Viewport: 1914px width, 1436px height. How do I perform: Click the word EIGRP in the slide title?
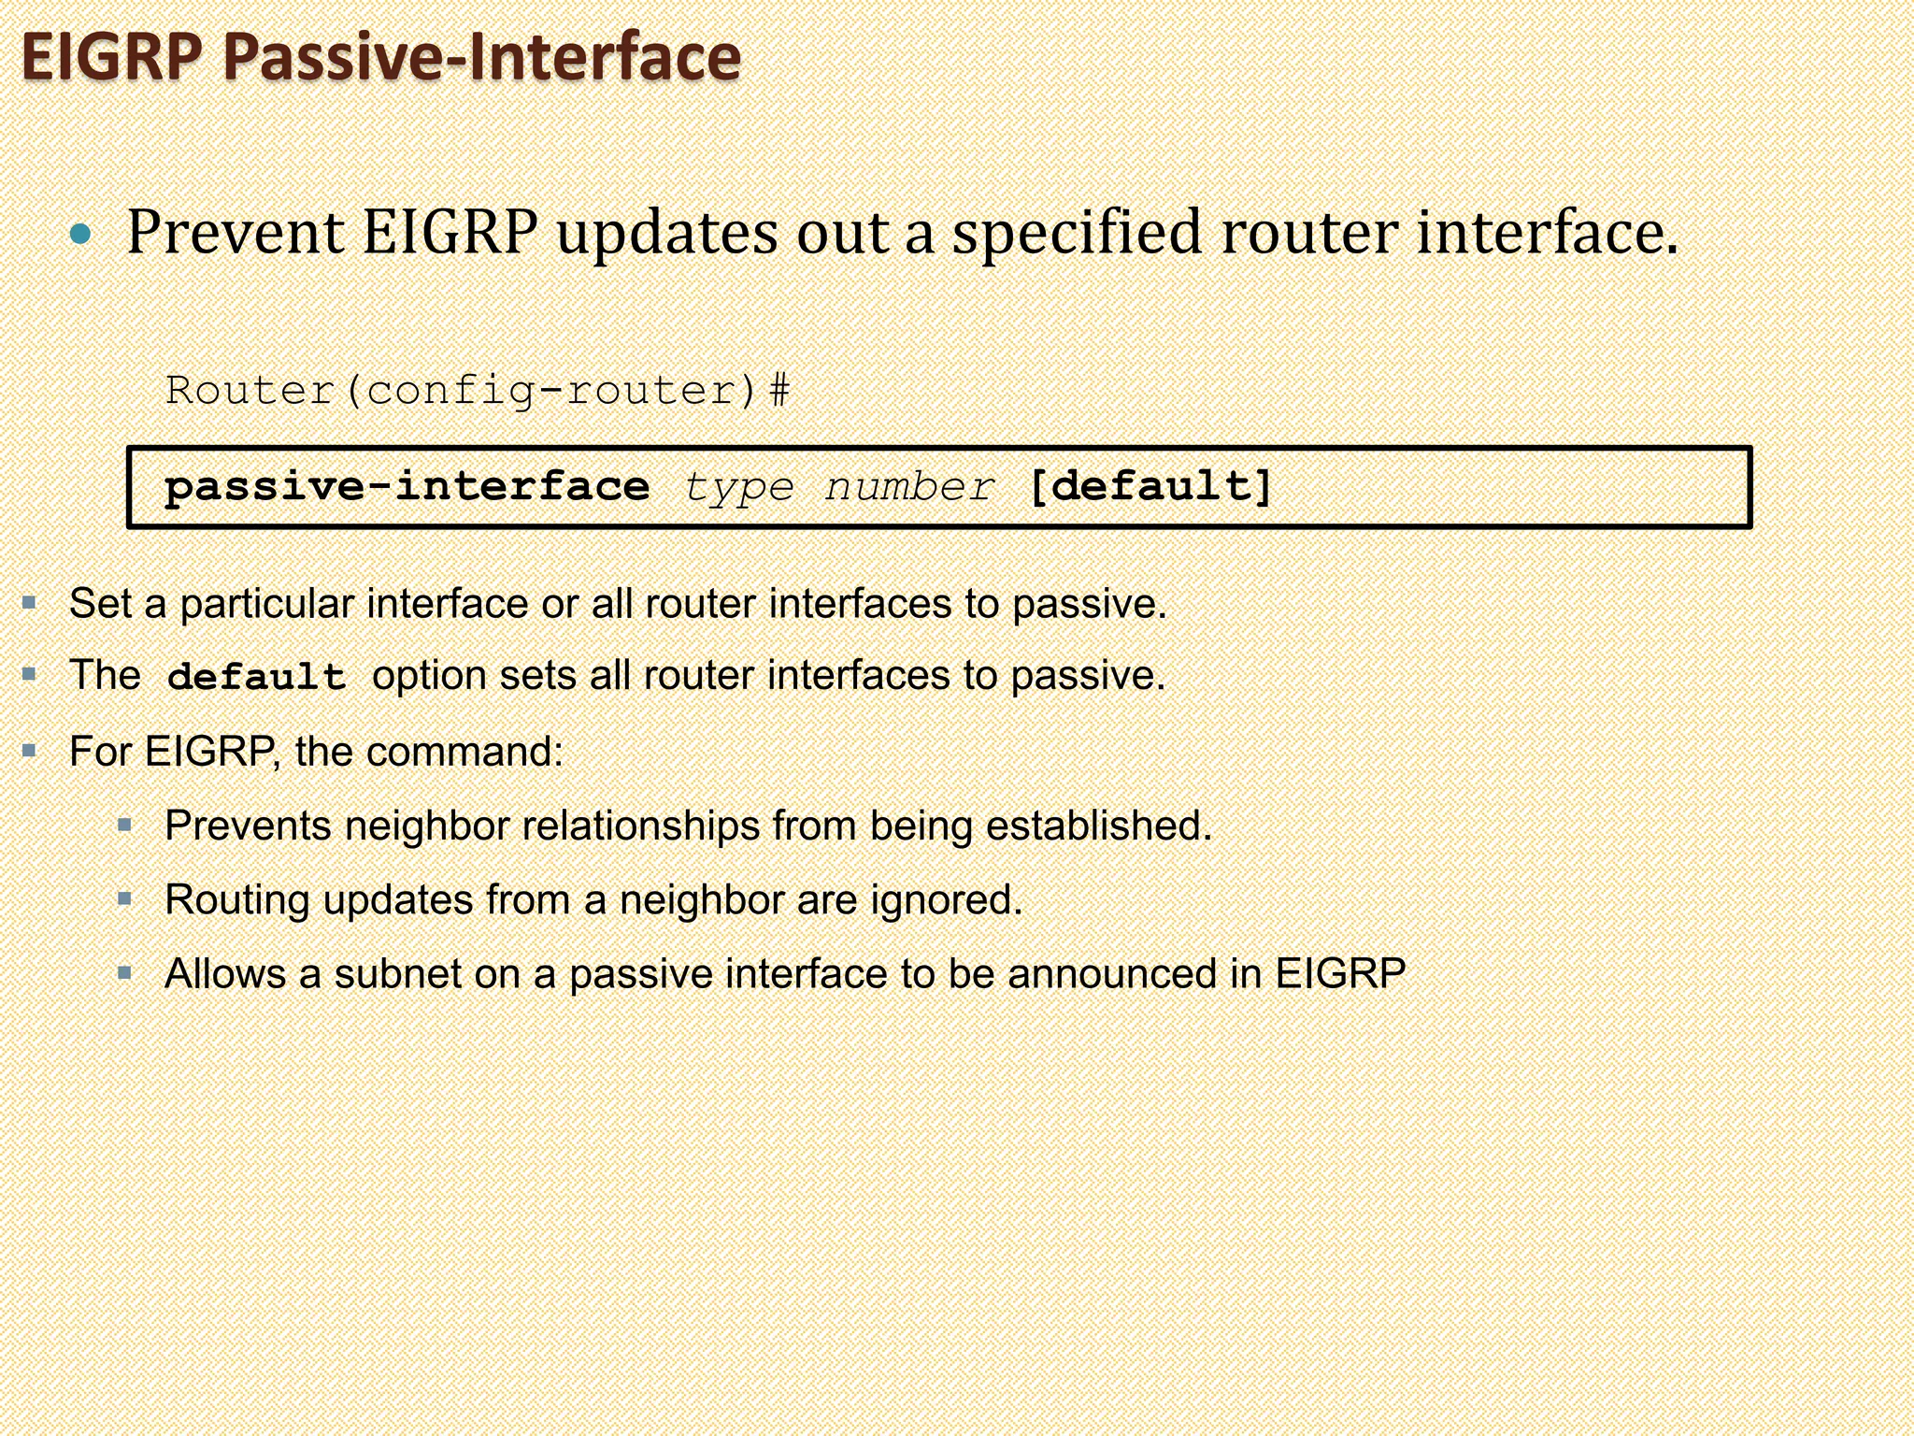110,58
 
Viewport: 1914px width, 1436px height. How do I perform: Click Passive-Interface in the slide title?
482,58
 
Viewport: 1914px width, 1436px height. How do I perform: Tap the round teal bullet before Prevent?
81,234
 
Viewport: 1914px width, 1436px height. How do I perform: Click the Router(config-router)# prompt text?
478,391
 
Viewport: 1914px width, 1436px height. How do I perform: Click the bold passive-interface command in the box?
407,487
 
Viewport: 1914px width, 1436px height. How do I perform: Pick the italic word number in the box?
909,487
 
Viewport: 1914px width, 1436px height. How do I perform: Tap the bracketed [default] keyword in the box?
1150,487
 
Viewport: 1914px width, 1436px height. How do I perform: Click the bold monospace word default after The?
256,677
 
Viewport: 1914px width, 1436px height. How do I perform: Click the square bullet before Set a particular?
30,603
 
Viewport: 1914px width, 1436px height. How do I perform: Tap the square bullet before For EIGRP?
30,750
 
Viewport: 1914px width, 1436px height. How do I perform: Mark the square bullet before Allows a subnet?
125,973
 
